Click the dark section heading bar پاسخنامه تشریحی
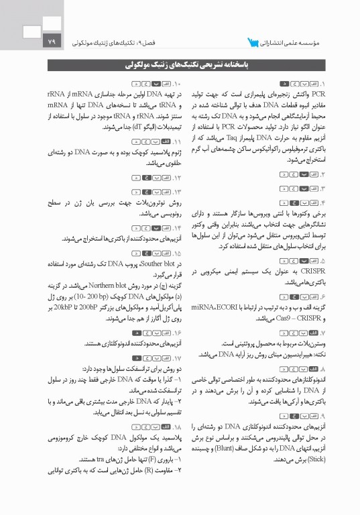(x=180, y=66)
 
